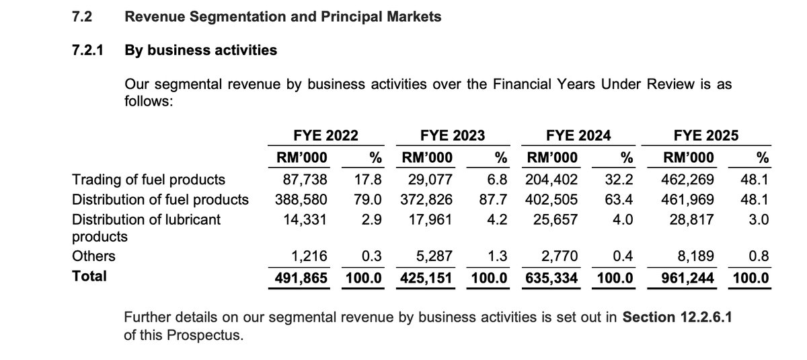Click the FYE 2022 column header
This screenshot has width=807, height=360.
(325, 135)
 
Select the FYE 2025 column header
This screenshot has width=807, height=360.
(705, 135)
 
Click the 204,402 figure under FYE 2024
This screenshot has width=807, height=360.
(553, 180)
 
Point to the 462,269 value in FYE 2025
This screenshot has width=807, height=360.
(683, 180)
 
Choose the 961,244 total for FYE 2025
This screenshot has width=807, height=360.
(683, 277)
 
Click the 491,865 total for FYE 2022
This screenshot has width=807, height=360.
(302, 277)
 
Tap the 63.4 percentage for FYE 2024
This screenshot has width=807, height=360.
(622, 199)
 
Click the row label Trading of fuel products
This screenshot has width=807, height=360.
(149, 180)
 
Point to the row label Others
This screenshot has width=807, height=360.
(93, 256)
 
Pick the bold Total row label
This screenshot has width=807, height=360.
(89, 276)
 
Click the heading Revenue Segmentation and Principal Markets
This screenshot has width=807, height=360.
(283, 17)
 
